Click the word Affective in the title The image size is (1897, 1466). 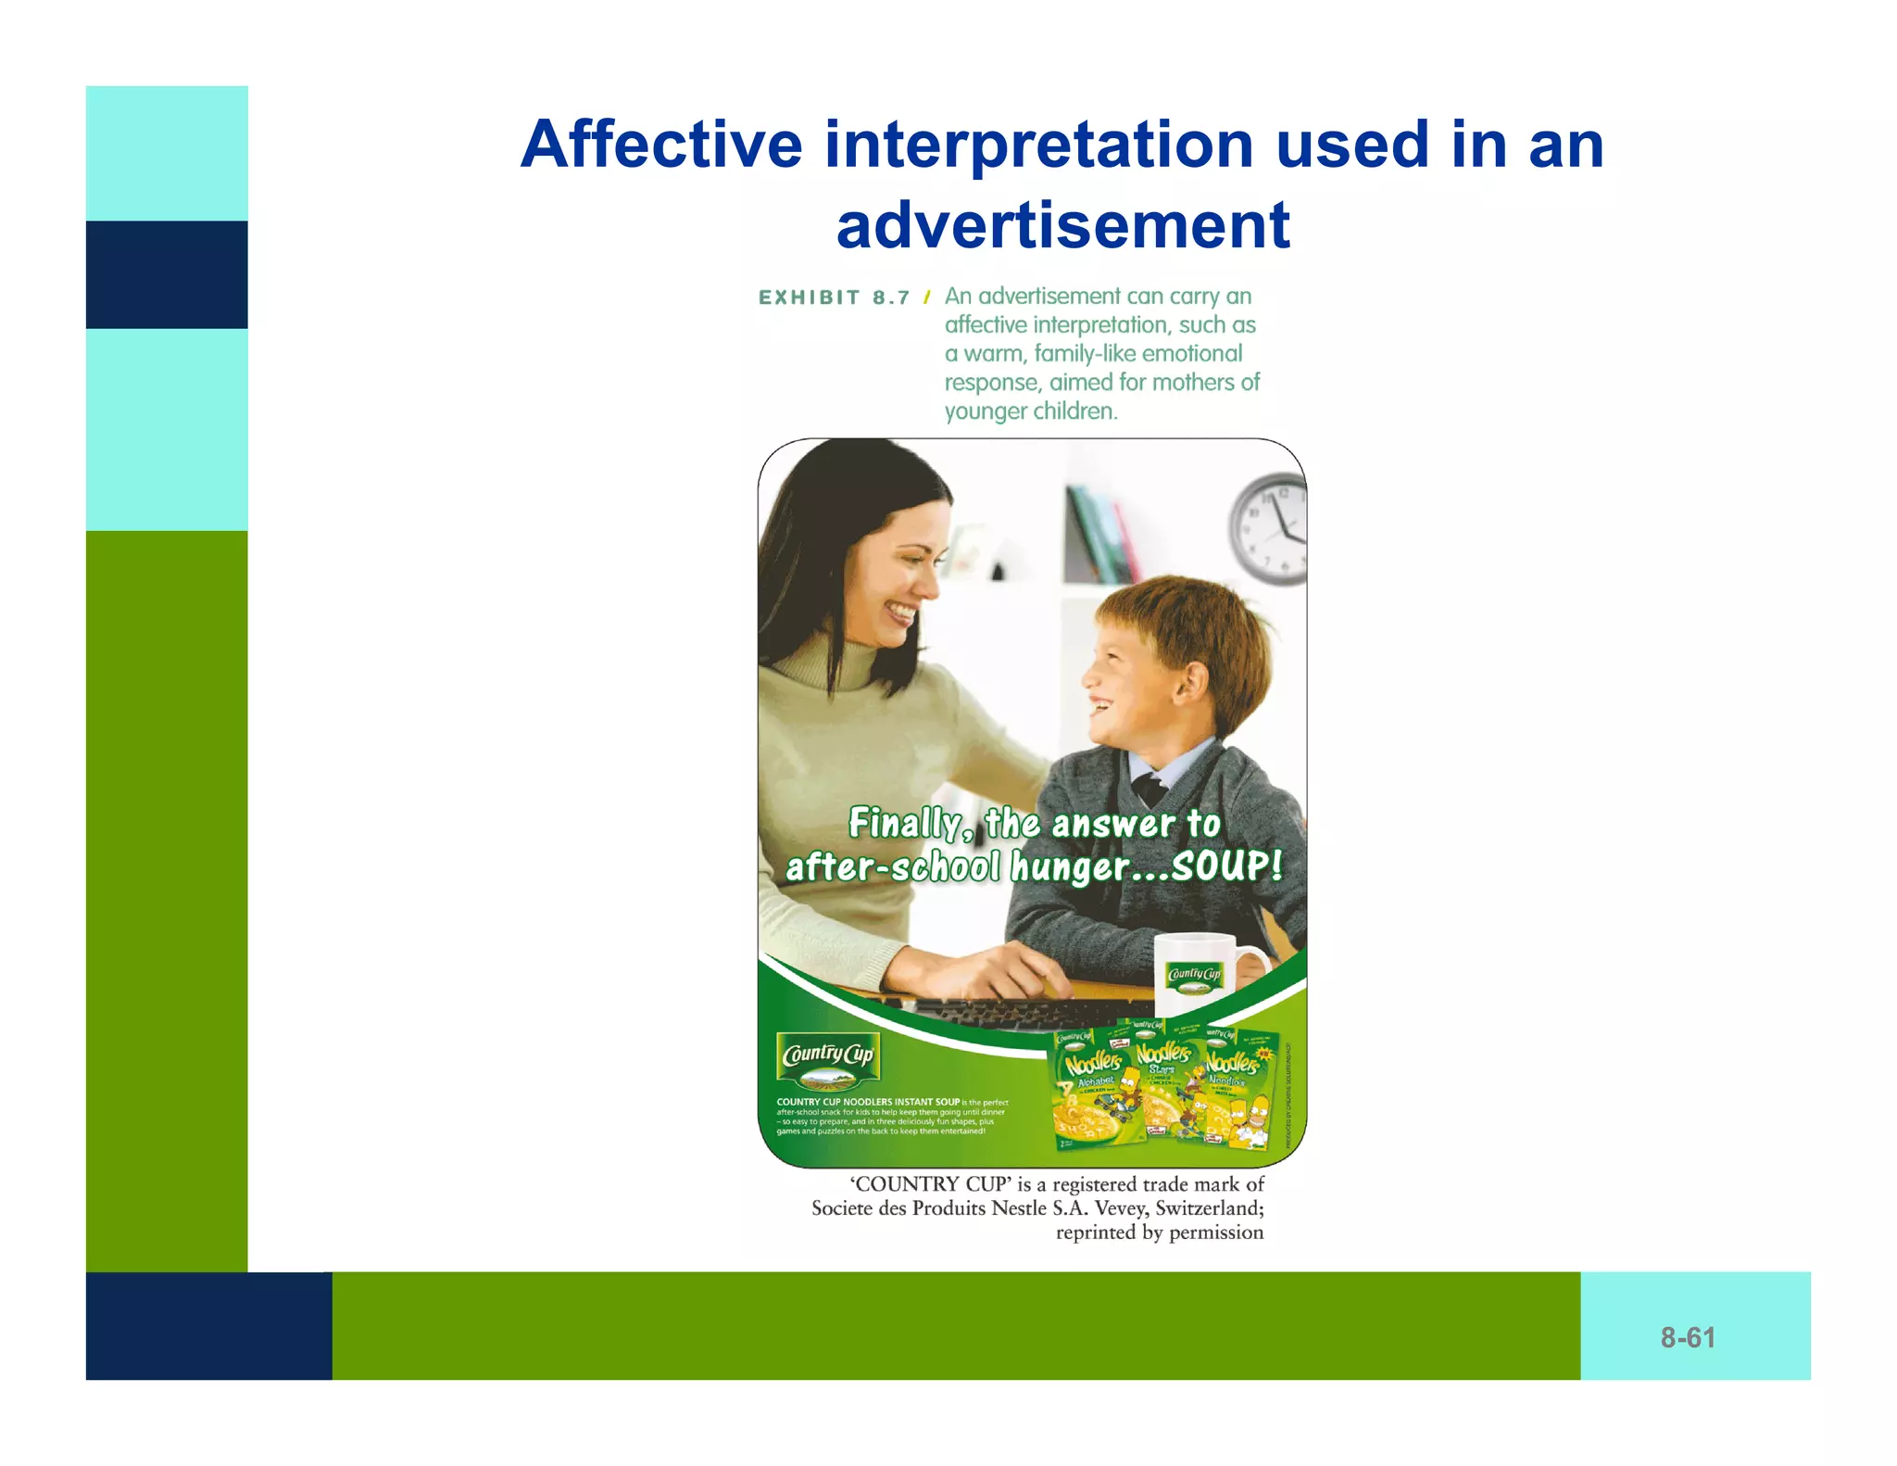pyautogui.click(x=661, y=145)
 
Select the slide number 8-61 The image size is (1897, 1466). pyautogui.click(x=1687, y=1337)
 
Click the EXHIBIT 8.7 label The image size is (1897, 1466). pyautogui.click(x=834, y=297)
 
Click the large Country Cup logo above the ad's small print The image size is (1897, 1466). pyautogui.click(x=828, y=1058)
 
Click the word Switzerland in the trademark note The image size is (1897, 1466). pyautogui.click(x=1209, y=1208)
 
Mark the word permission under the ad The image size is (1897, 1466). pyautogui.click(x=1216, y=1232)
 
